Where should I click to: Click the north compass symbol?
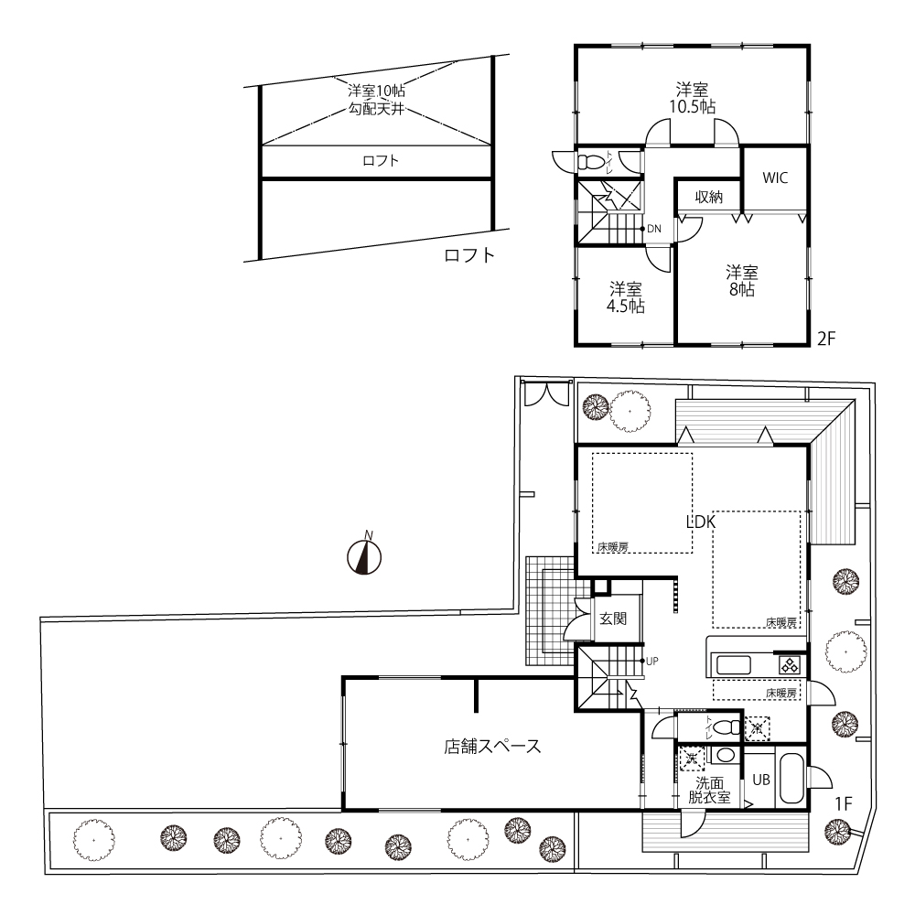click(x=364, y=556)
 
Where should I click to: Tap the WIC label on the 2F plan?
click(x=775, y=178)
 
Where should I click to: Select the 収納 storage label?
click(x=709, y=198)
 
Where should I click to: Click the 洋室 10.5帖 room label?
click(x=693, y=99)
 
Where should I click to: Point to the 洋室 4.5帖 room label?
click(x=626, y=297)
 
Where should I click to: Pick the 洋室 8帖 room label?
click(x=742, y=281)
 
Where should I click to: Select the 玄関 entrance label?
click(x=613, y=619)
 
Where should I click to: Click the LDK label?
click(x=701, y=522)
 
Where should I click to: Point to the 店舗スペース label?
click(x=492, y=747)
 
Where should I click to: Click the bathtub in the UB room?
click(x=791, y=779)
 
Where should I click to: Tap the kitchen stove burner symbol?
click(x=789, y=665)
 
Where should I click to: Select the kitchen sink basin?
click(x=733, y=665)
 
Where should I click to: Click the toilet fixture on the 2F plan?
click(x=590, y=162)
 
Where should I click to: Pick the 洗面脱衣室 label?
click(x=710, y=791)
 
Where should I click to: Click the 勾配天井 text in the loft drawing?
click(x=376, y=109)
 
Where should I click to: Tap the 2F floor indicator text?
click(x=827, y=339)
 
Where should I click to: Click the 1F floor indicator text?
click(x=844, y=803)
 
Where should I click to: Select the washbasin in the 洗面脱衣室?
click(x=726, y=756)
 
